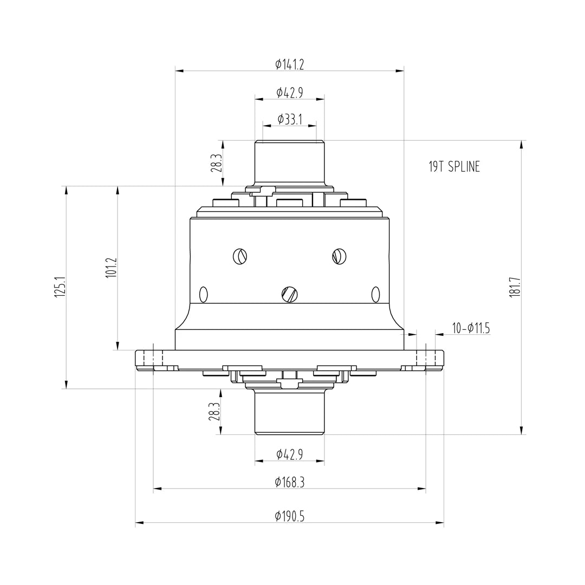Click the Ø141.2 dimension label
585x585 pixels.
tap(289, 64)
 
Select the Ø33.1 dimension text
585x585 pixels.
tap(289, 119)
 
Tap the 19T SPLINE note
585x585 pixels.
tap(454, 166)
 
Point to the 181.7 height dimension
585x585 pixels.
tap(515, 287)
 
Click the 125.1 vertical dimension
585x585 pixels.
tap(60, 287)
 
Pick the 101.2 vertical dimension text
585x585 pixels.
tap(112, 267)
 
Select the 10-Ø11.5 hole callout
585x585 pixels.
tap(471, 328)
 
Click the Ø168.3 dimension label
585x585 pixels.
tap(289, 483)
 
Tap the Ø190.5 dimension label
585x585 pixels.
tap(289, 516)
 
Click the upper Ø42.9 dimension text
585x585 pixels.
tap(289, 92)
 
